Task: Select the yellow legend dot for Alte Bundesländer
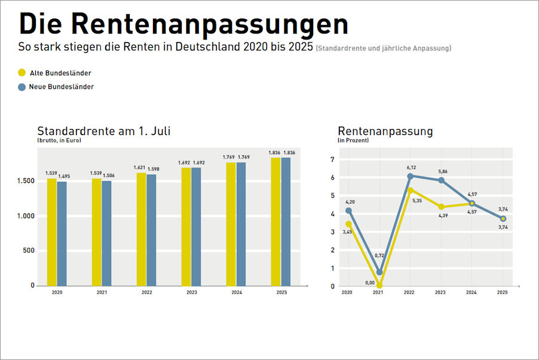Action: click(22, 72)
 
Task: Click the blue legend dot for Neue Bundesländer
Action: click(22, 87)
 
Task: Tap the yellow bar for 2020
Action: click(52, 231)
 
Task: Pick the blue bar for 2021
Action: click(106, 233)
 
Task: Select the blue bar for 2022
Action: click(151, 230)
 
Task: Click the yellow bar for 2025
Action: click(276, 221)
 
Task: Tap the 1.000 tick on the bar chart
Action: click(25, 216)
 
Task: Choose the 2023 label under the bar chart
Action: click(191, 293)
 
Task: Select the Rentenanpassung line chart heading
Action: click(385, 131)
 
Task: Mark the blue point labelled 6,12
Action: click(410, 176)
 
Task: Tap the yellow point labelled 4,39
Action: click(441, 207)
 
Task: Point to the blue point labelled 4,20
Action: click(348, 210)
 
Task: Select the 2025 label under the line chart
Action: click(503, 293)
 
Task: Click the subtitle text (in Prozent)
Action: click(353, 141)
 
